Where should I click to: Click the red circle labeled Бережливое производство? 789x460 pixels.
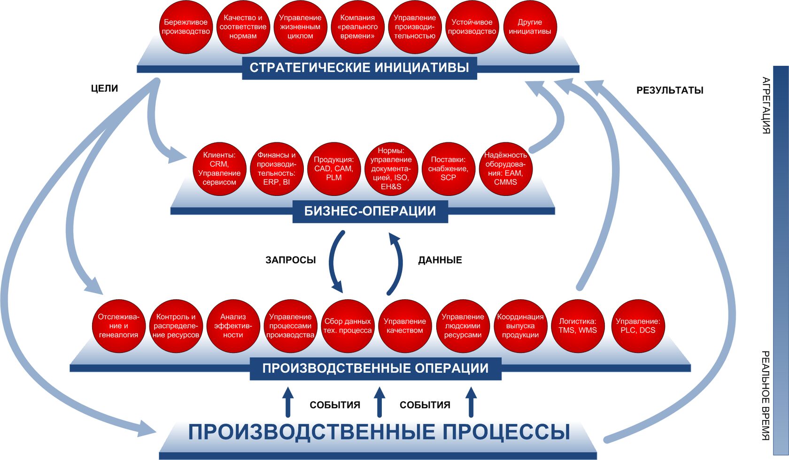(x=186, y=27)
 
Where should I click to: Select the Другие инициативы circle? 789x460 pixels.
(x=530, y=27)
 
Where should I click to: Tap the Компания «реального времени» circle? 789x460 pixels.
(x=357, y=27)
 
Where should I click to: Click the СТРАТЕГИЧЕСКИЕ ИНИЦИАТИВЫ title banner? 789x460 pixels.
(x=359, y=68)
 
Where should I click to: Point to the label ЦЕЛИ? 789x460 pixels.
(x=104, y=88)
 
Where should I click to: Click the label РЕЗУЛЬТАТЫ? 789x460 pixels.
(x=670, y=90)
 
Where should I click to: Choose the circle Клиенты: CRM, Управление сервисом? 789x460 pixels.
(x=219, y=169)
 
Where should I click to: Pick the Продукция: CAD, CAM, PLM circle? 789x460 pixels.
(x=333, y=169)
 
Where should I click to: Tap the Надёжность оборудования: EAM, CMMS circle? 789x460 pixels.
(x=505, y=169)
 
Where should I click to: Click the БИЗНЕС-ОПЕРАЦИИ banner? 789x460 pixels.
(x=370, y=211)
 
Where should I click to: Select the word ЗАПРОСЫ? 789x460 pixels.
(x=291, y=260)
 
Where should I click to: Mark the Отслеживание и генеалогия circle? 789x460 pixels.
(x=118, y=326)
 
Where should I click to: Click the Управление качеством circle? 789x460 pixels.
(x=405, y=326)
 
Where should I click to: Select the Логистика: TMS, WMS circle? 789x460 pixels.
(x=578, y=326)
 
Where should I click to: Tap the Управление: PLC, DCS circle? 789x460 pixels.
(x=638, y=326)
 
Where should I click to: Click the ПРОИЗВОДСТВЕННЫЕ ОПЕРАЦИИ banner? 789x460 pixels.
(x=375, y=368)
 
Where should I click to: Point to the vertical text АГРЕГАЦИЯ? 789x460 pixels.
(x=766, y=105)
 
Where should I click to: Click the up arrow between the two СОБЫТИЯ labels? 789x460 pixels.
(x=379, y=402)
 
